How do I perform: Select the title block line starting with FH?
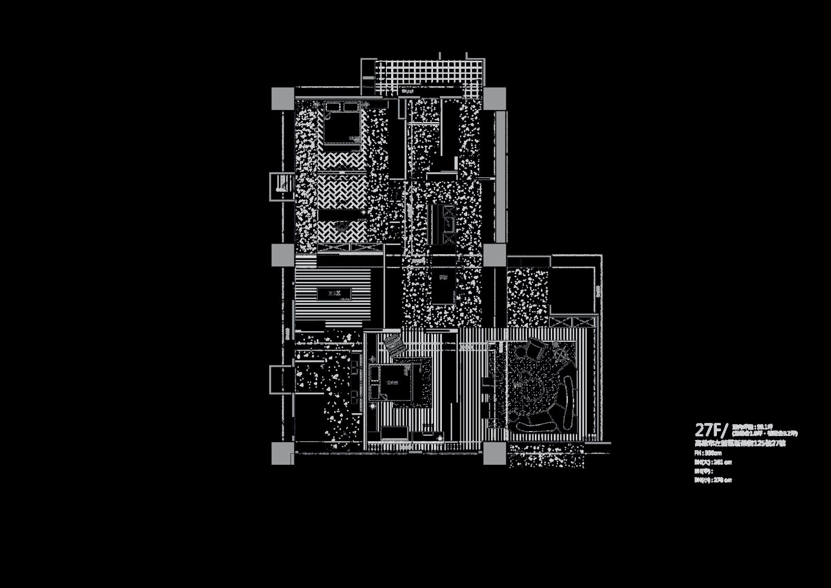[708, 453]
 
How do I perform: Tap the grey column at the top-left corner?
[283, 99]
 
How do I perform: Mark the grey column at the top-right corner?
[494, 99]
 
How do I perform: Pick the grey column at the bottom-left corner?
[283, 453]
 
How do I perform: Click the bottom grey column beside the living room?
[494, 453]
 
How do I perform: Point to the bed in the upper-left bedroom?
[342, 124]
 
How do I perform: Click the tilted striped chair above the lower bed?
[394, 345]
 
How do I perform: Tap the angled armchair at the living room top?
[535, 349]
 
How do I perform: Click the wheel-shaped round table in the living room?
[561, 354]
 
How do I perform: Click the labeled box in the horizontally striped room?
[335, 294]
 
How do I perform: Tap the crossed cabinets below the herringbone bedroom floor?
[350, 247]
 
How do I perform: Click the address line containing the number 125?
[740, 443]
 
